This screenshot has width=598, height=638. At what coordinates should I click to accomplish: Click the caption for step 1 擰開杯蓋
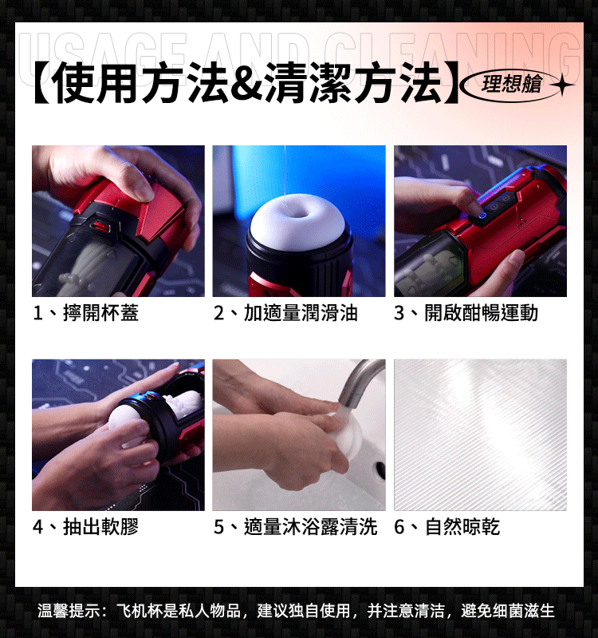tap(86, 313)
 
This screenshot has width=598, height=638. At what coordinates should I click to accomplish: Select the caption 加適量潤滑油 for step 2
tap(285, 313)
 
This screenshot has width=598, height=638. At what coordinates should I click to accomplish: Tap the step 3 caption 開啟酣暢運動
tap(466, 313)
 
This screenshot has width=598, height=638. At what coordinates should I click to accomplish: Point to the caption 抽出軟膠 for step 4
tap(86, 526)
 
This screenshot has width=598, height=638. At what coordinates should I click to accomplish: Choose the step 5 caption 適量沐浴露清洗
tap(295, 526)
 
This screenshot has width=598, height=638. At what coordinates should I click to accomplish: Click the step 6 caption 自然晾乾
tap(447, 526)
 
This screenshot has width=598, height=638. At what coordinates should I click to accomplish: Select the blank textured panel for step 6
tap(480, 435)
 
